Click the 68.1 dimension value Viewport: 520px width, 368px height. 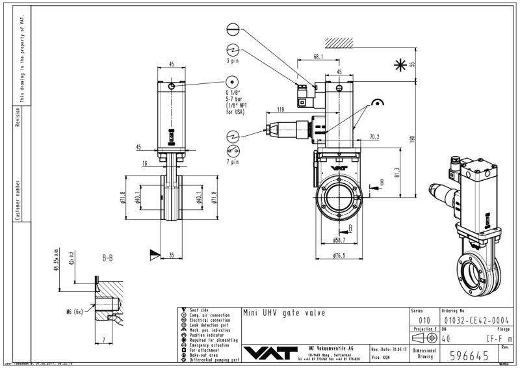tap(318, 57)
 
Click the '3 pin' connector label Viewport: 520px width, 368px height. tap(233, 61)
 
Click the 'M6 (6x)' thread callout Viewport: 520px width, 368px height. tap(74, 311)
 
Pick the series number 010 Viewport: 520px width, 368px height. tap(424, 320)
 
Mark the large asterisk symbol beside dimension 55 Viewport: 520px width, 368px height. tap(399, 64)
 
